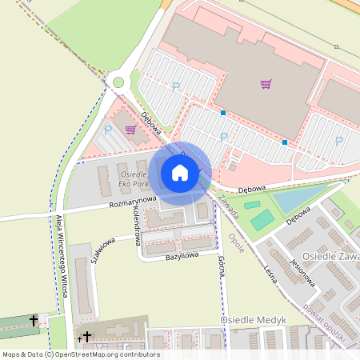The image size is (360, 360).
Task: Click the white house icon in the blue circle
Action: pos(180,172)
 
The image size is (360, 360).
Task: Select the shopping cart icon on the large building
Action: pos(266,84)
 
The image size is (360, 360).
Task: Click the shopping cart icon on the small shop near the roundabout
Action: pos(130,130)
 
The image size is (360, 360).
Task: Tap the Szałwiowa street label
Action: pos(103,250)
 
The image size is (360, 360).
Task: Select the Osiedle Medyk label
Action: pos(254,319)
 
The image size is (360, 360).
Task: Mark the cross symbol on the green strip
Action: pos(34,320)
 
